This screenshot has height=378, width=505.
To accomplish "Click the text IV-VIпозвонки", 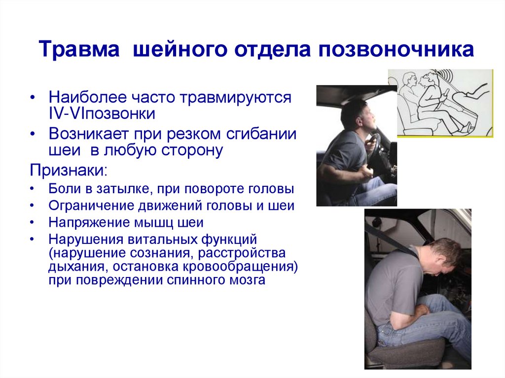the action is (102, 113).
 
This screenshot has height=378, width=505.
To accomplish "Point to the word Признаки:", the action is (68, 170).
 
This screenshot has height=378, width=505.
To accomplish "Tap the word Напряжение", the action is (87, 223).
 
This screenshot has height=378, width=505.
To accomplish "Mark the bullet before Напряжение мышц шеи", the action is (32, 223).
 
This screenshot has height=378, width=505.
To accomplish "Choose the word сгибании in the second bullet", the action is (261, 134).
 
